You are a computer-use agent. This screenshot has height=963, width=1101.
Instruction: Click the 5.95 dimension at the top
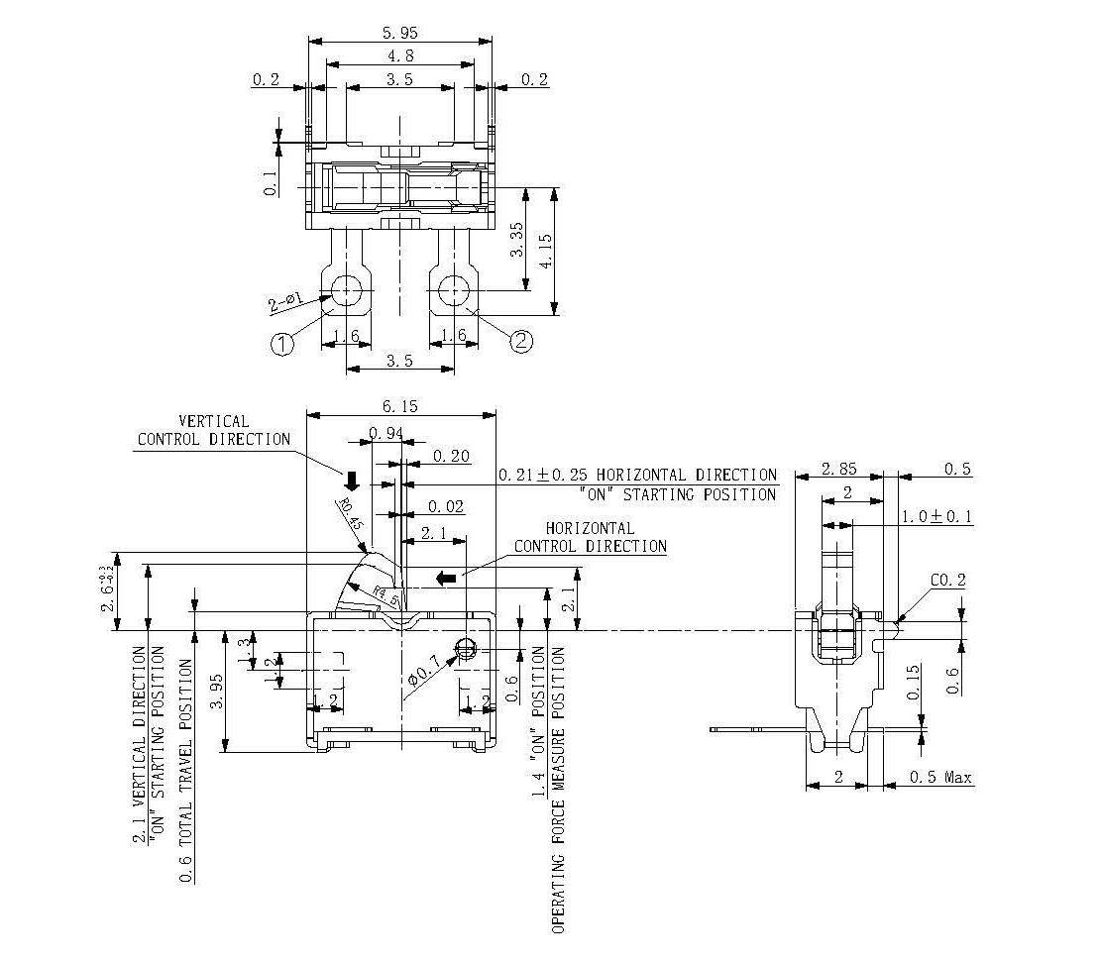[399, 32]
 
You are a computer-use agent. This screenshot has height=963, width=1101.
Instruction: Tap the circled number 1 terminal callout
[282, 344]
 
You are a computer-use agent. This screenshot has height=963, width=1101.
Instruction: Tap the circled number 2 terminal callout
[521, 341]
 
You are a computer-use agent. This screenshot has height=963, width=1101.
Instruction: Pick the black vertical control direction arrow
[351, 480]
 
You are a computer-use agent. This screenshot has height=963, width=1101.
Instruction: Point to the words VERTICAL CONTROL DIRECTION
[213, 430]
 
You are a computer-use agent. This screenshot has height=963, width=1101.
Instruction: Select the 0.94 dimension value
[385, 432]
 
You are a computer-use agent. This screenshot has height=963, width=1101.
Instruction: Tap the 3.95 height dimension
[217, 690]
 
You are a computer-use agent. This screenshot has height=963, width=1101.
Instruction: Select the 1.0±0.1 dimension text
[937, 516]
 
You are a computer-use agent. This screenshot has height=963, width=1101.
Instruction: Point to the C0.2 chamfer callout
[948, 581]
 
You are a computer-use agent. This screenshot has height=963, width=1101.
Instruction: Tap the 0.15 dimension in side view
[914, 683]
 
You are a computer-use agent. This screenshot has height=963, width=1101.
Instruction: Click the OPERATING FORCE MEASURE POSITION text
[558, 790]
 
